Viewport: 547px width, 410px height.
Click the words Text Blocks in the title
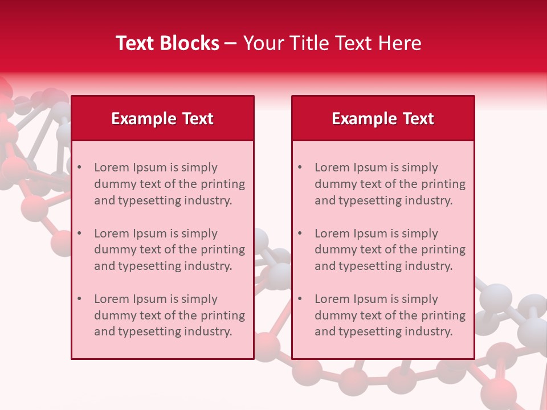[x=168, y=43]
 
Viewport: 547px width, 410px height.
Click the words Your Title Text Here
[x=332, y=43]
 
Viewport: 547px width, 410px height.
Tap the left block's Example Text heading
[x=162, y=118]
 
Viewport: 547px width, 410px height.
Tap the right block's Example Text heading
[x=383, y=118]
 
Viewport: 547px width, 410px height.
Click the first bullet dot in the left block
[x=80, y=167]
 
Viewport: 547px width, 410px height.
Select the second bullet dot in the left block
[x=80, y=233]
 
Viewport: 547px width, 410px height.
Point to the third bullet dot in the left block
[x=80, y=299]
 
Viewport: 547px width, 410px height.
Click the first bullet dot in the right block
[x=300, y=167]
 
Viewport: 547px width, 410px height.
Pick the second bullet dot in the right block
[x=300, y=233]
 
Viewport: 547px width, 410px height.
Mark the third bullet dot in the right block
[x=300, y=299]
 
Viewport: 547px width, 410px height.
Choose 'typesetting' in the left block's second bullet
[x=150, y=266]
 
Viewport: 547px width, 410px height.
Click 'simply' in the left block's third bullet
[x=199, y=299]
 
